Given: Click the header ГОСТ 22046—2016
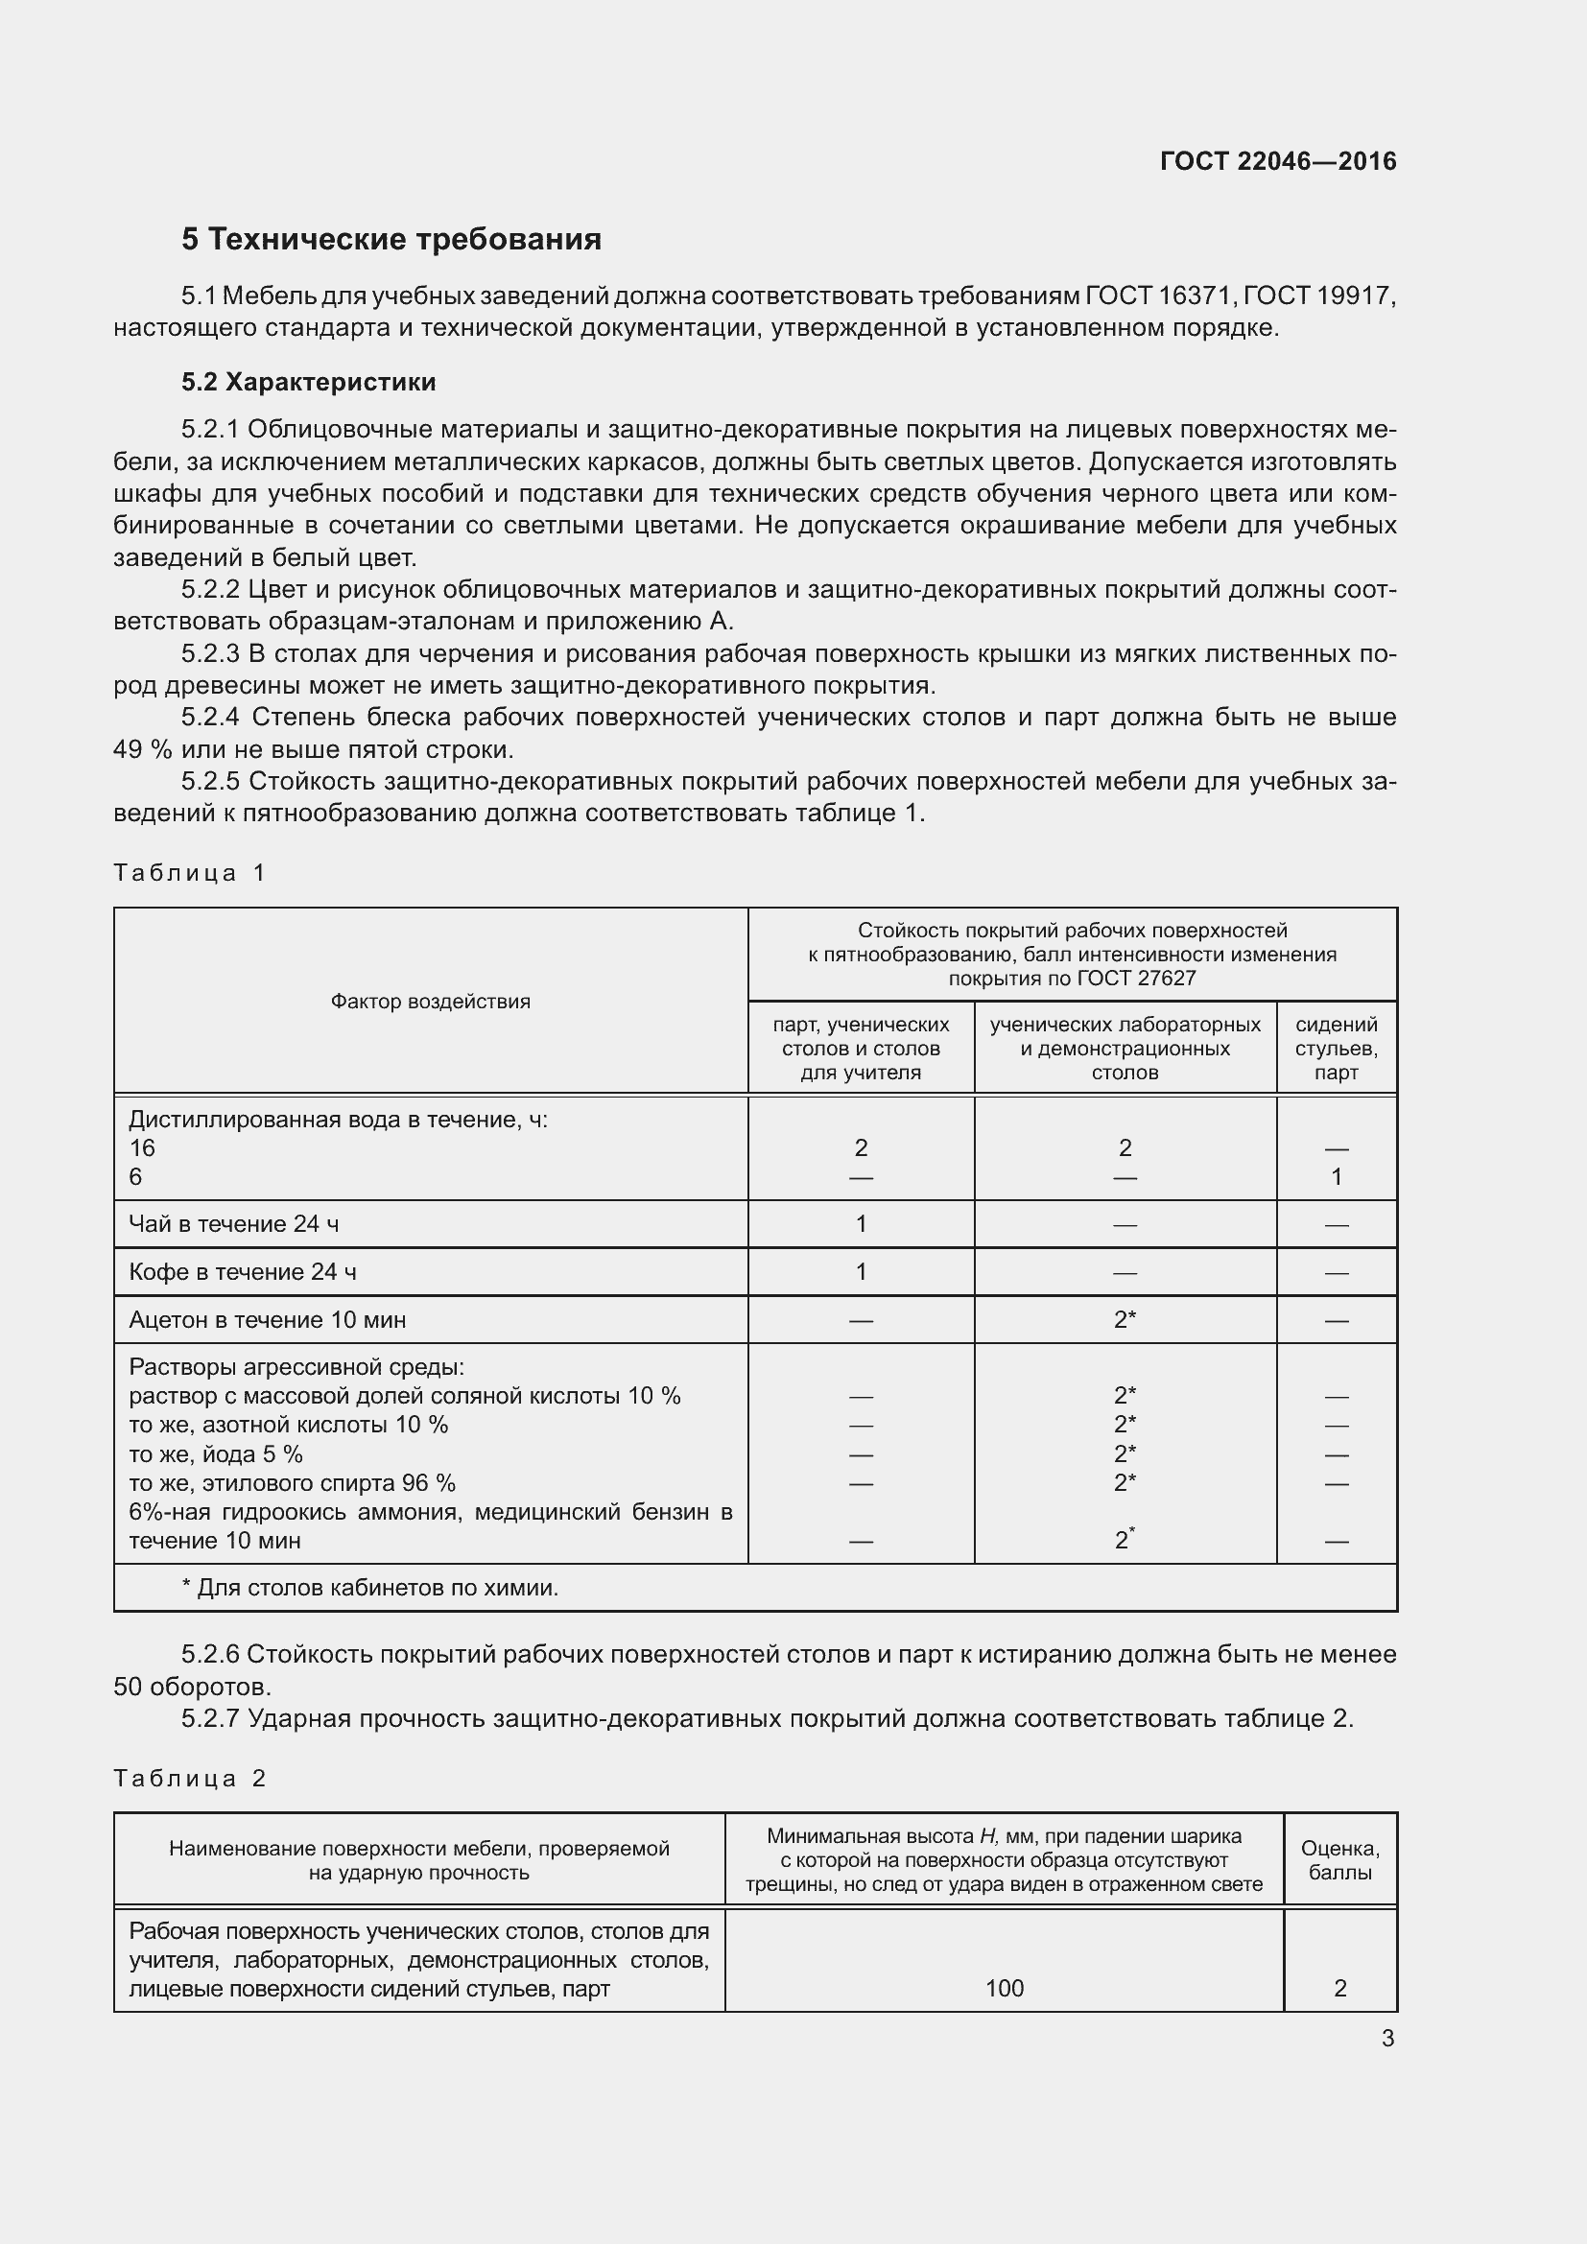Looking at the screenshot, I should [x=1277, y=161].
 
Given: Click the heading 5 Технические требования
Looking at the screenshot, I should [x=391, y=240].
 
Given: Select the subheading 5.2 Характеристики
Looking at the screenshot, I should [x=308, y=382].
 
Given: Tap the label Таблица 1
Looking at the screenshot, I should [x=190, y=873].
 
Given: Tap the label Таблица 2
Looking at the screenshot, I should [x=190, y=1778].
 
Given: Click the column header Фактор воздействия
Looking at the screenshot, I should [x=430, y=1001].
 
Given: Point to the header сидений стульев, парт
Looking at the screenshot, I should [x=1336, y=1049].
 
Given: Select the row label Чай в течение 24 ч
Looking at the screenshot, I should [x=233, y=1223].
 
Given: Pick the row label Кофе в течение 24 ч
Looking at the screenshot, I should [x=243, y=1271].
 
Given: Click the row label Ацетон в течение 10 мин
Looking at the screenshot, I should [x=267, y=1319].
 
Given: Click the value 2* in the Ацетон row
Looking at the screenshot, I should [x=1125, y=1319].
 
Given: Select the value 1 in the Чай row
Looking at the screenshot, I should [x=861, y=1223].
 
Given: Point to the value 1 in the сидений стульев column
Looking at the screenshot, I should [x=1336, y=1177].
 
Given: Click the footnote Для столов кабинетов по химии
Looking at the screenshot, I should [x=376, y=1588].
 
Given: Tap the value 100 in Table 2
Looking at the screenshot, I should [x=1004, y=1988].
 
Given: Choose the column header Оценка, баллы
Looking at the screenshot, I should [x=1339, y=1860].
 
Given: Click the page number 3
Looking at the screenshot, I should [x=1387, y=2039].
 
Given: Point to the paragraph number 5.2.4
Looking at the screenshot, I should [x=210, y=718].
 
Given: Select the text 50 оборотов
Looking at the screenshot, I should [x=193, y=1687].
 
